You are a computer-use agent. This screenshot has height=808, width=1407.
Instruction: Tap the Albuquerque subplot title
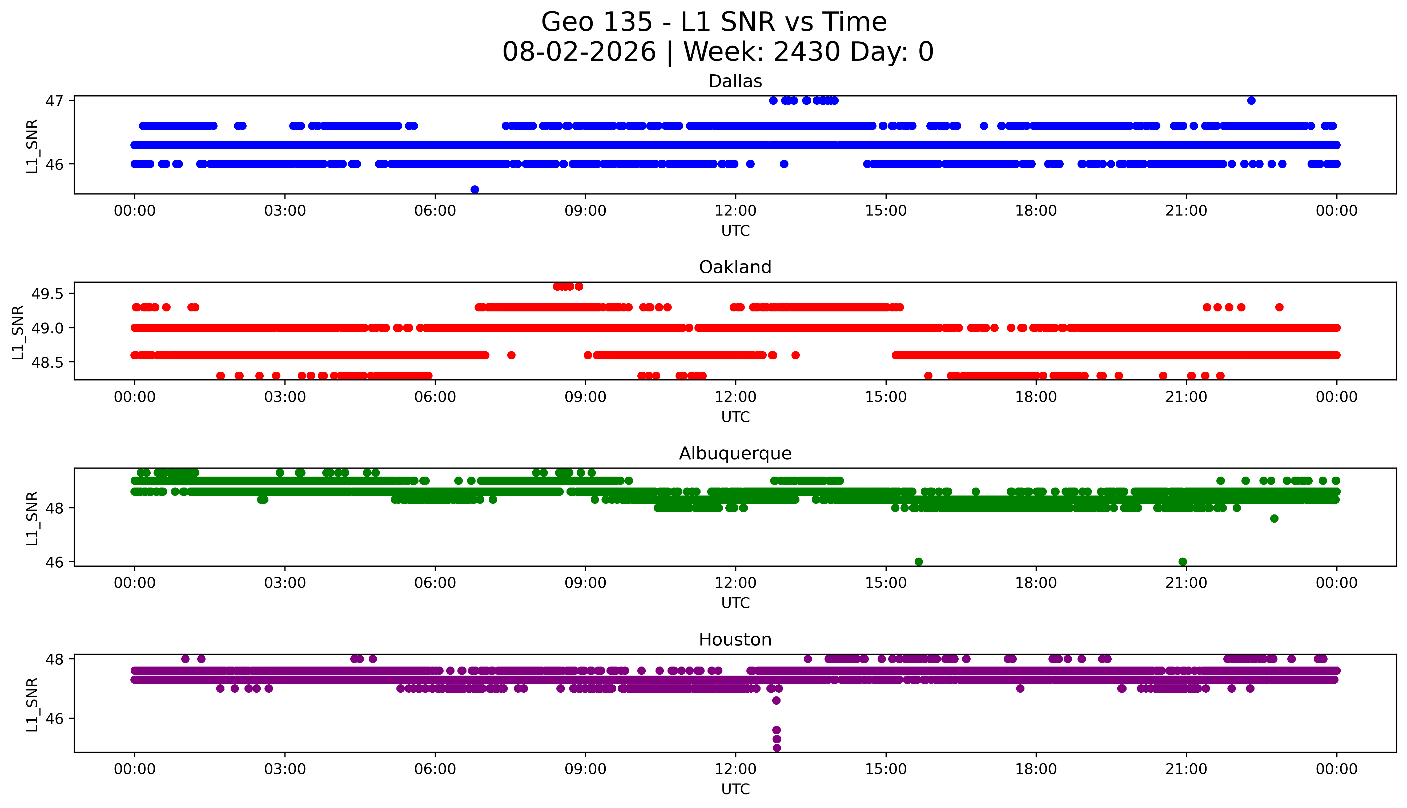pyautogui.click(x=735, y=453)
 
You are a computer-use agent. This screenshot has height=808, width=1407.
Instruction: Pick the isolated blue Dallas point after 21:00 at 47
pyautogui.click(x=1251, y=100)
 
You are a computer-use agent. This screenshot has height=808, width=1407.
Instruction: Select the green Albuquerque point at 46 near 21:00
pyautogui.click(x=1183, y=562)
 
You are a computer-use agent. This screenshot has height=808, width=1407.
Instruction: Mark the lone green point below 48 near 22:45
pyautogui.click(x=1274, y=518)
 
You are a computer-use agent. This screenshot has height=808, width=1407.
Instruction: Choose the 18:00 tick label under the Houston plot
pyautogui.click(x=1036, y=769)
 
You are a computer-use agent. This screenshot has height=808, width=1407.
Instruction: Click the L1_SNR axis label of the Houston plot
pyautogui.click(x=32, y=704)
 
